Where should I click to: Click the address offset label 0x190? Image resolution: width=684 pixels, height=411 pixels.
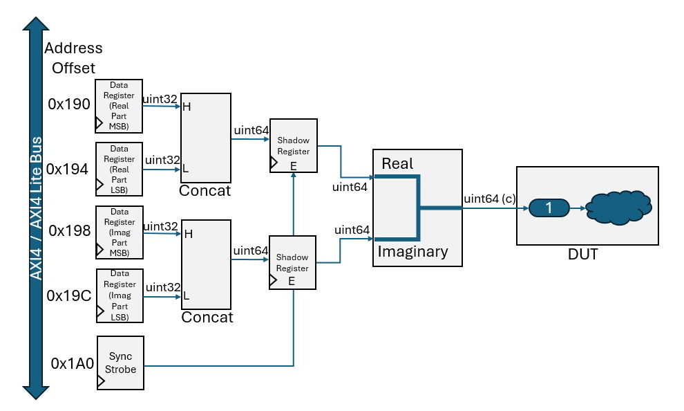click(69, 104)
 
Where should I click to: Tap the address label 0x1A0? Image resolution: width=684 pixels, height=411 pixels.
click(72, 363)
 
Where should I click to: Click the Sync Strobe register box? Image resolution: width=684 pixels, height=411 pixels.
click(120, 363)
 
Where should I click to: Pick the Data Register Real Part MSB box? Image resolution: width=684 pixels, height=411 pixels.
click(119, 105)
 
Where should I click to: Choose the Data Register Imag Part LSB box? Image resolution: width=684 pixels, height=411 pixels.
click(119, 295)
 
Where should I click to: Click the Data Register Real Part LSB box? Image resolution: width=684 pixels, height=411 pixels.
click(119, 169)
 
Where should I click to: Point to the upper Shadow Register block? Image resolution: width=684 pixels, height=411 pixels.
click(293, 145)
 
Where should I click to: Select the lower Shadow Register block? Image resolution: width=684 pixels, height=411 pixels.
click(293, 262)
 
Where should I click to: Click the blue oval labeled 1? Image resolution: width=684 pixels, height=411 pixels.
click(549, 207)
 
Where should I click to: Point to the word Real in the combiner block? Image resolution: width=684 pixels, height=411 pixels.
click(397, 163)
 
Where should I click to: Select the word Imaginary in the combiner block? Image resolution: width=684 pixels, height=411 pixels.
click(412, 252)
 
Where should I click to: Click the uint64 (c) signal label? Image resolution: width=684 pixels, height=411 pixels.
click(489, 199)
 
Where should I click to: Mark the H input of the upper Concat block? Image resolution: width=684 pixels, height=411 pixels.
click(187, 107)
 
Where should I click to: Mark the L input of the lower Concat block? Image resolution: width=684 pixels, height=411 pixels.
click(186, 295)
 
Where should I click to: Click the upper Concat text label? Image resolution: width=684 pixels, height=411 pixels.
click(205, 190)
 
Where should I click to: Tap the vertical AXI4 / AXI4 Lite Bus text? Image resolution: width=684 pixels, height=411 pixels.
click(36, 208)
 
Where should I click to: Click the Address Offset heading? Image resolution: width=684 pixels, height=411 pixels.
click(73, 58)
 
